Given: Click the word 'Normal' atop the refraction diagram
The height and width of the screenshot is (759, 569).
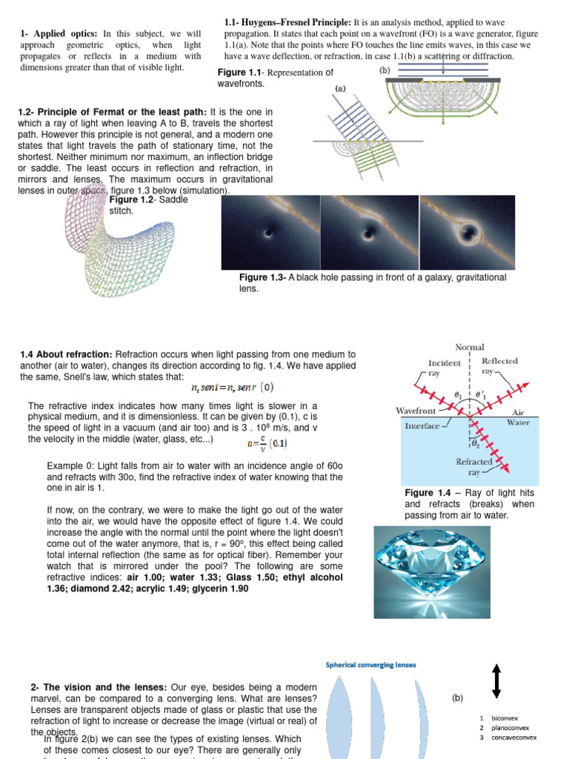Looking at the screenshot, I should [x=469, y=347].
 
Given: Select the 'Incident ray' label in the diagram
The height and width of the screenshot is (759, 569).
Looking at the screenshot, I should [x=445, y=368].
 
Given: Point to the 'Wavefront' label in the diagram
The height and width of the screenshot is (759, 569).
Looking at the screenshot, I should [x=419, y=409].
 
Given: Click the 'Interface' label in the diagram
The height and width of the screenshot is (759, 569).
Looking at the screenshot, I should [x=421, y=426].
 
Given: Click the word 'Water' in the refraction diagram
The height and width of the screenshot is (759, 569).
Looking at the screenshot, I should [x=517, y=422].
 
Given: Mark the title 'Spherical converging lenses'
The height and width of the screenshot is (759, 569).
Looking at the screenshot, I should [x=371, y=665].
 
